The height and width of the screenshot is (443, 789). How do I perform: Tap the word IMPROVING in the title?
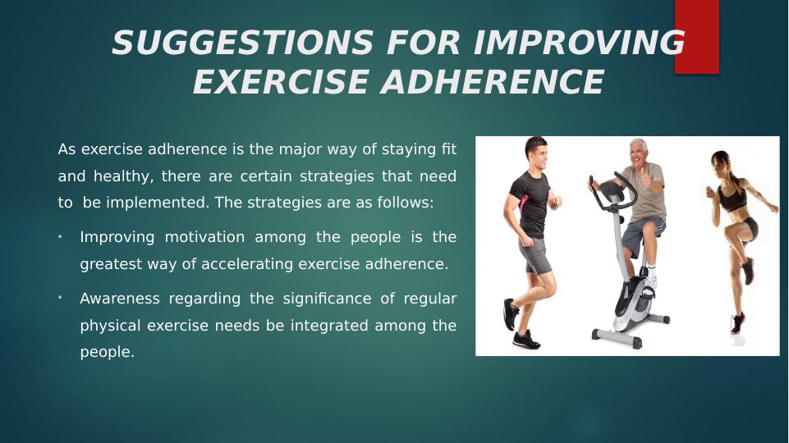(579, 42)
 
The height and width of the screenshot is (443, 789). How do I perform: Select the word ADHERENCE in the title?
(493, 82)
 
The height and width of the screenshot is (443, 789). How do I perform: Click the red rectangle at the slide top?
(697, 37)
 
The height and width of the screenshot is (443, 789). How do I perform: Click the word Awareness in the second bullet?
(120, 299)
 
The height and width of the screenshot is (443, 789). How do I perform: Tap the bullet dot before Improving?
(60, 236)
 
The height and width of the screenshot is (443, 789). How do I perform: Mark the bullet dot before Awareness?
(60, 298)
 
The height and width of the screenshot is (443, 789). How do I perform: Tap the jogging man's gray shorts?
(534, 255)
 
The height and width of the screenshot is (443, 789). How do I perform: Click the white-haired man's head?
(638, 153)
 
